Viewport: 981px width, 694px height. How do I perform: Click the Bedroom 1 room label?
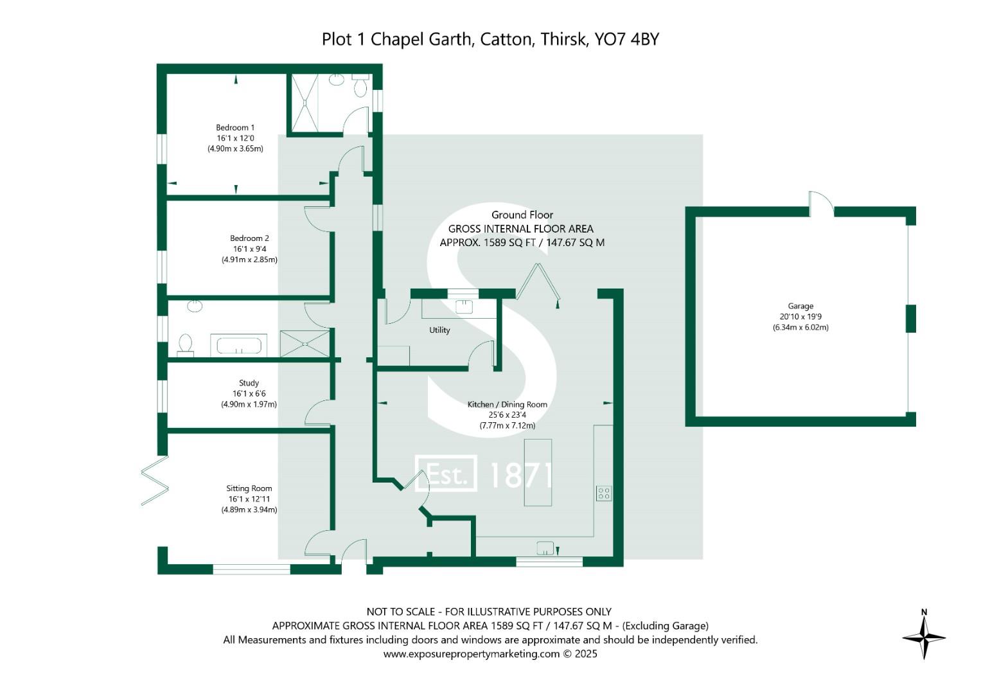coord(235,128)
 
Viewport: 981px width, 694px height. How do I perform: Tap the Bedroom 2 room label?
coord(249,238)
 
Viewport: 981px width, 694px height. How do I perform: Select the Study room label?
coord(249,383)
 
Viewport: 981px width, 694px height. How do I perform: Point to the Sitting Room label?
coord(249,488)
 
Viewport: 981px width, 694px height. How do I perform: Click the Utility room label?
coord(439,330)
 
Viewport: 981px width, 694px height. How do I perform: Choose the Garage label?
coord(800,307)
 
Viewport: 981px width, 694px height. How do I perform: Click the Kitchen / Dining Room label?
coord(507,405)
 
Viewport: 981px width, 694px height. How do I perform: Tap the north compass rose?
coord(924,636)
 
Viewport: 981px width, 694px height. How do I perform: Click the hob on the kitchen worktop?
coord(603,494)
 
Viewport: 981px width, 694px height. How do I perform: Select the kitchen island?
coord(538,472)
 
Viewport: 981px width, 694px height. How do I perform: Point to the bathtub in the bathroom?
coord(239,346)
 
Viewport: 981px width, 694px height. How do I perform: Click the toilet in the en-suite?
coord(360,84)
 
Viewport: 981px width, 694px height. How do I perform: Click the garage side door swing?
coord(821,202)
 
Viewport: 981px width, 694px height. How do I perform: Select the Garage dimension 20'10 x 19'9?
coord(800,317)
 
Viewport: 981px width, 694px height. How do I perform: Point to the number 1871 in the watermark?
coord(520,476)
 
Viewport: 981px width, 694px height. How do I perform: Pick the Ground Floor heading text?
coord(522,215)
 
